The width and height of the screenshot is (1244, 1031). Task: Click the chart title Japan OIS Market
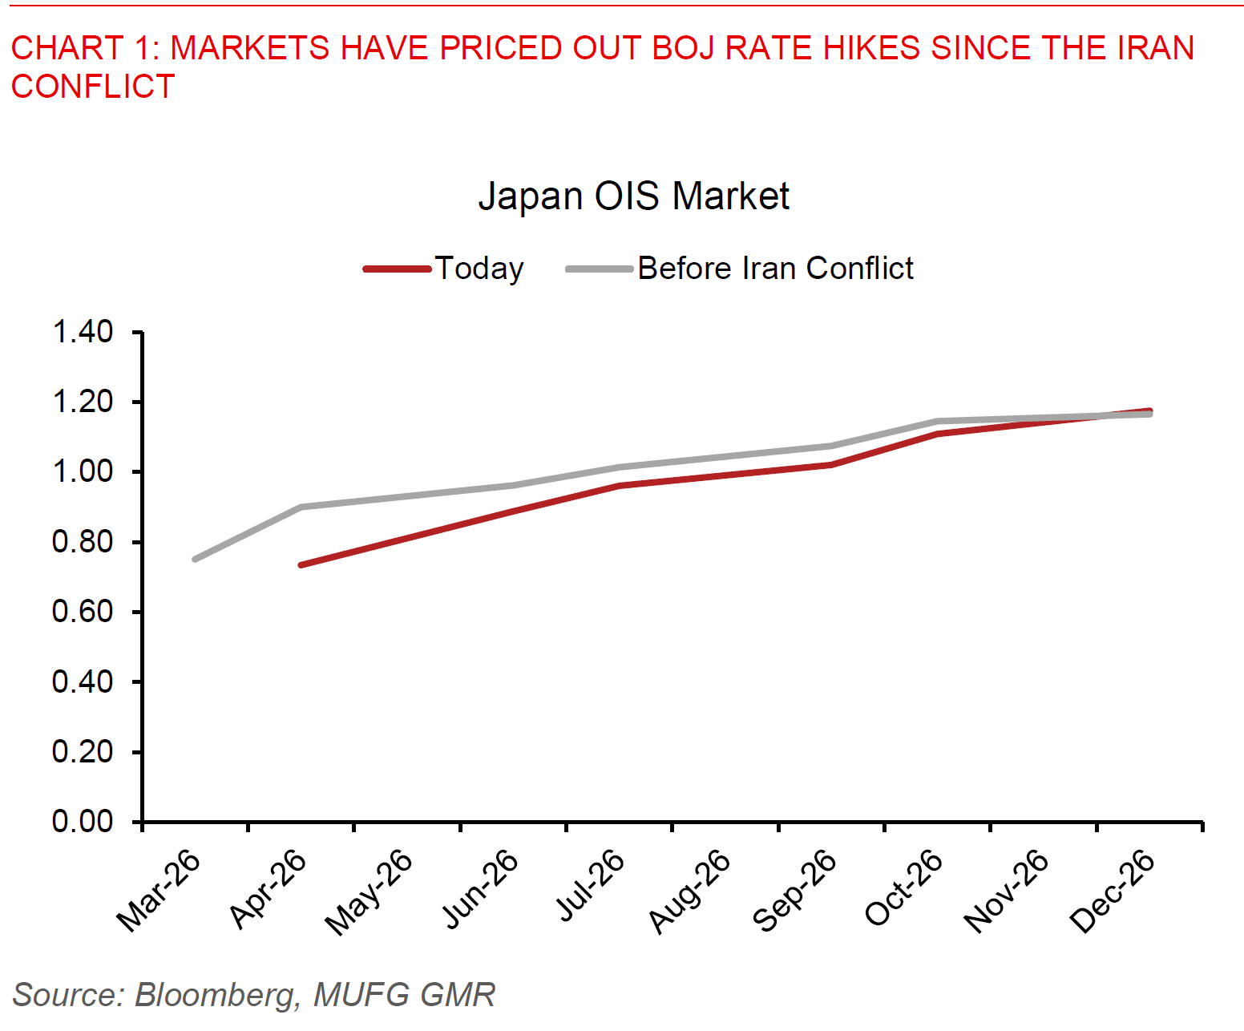tap(633, 196)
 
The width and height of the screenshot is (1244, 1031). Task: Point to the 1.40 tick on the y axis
tap(83, 332)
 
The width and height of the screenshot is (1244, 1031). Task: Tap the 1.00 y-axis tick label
tap(83, 471)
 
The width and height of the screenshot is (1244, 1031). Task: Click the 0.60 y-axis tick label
tap(83, 612)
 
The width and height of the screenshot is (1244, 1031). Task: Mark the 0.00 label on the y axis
tap(83, 822)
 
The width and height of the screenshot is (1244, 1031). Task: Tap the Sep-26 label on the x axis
tap(795, 891)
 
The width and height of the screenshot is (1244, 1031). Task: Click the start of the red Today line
tap(301, 565)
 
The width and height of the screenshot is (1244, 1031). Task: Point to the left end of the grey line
tap(195, 559)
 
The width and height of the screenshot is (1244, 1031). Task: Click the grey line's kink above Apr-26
tap(301, 507)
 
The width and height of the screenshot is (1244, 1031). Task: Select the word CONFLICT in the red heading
tap(93, 87)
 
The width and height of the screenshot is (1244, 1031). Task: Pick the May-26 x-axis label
tap(369, 892)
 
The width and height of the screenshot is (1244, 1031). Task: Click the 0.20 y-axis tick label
tap(83, 752)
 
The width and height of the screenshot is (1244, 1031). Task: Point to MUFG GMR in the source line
tap(404, 995)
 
